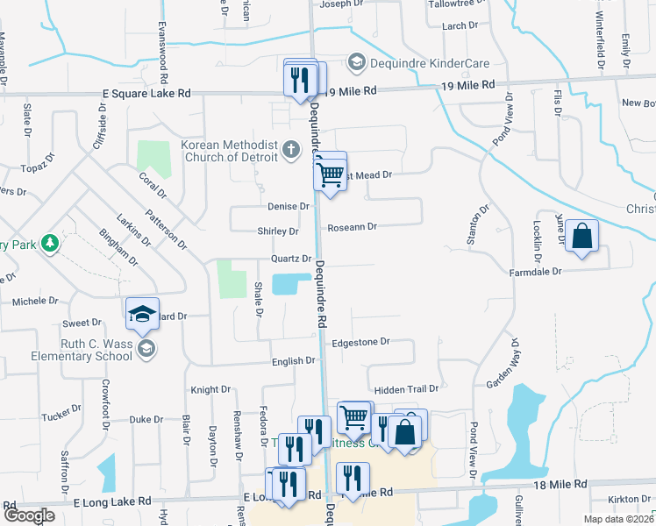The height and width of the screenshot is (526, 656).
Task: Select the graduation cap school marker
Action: coord(142,315)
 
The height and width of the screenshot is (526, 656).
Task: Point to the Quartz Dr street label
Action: coord(291,259)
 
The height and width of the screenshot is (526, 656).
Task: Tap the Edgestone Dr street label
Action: coord(360,343)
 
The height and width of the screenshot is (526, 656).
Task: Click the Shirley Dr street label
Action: coord(277,231)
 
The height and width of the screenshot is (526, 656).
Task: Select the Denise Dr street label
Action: coord(289,207)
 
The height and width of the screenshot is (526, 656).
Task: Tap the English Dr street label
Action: coord(293,360)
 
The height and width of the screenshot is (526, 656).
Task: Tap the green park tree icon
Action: coord(52,243)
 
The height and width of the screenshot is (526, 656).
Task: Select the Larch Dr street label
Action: coord(460,26)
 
